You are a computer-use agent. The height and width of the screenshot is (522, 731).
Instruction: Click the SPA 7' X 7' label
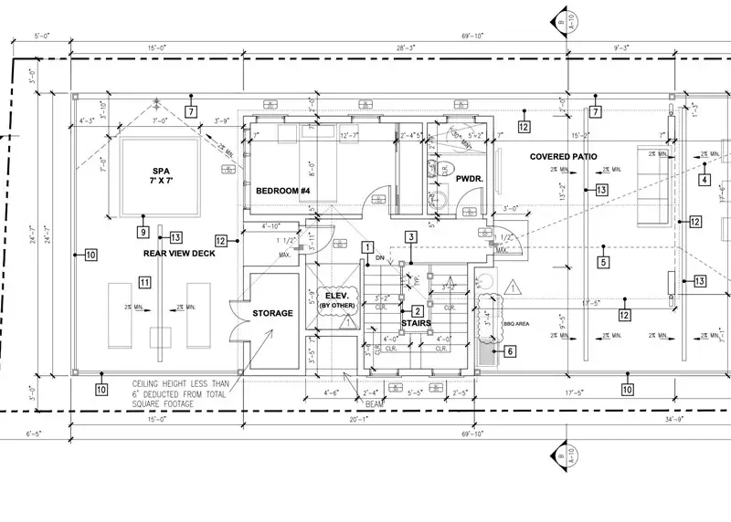pyautogui.click(x=161, y=177)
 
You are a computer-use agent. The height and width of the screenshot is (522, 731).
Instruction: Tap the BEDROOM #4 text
pyautogui.click(x=283, y=191)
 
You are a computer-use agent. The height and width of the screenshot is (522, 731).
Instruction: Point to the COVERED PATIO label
pyautogui.click(x=564, y=157)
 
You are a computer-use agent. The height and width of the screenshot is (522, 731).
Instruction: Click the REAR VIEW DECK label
pyautogui.click(x=180, y=253)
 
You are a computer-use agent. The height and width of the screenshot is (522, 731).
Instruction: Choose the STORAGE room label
pyautogui.click(x=273, y=313)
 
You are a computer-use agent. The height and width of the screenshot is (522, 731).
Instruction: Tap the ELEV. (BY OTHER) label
pyautogui.click(x=338, y=299)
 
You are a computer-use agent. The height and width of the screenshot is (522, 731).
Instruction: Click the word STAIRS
pyautogui.click(x=416, y=322)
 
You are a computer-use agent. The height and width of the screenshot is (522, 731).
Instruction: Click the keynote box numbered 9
pyautogui.click(x=143, y=231)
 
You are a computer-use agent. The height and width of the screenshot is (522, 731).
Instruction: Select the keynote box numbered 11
pyautogui.click(x=145, y=283)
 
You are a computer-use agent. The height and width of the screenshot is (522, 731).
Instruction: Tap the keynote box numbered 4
pyautogui.click(x=705, y=179)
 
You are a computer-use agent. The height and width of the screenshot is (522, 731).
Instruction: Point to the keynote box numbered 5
pyautogui.click(x=603, y=262)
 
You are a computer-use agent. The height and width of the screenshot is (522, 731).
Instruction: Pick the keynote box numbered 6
pyautogui.click(x=510, y=350)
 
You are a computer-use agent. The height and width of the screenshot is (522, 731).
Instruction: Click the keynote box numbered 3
pyautogui.click(x=412, y=236)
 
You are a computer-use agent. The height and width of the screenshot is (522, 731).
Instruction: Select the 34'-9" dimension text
pyautogui.click(x=700, y=420)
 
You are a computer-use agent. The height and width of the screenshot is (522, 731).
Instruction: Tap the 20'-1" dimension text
pyautogui.click(x=364, y=419)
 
